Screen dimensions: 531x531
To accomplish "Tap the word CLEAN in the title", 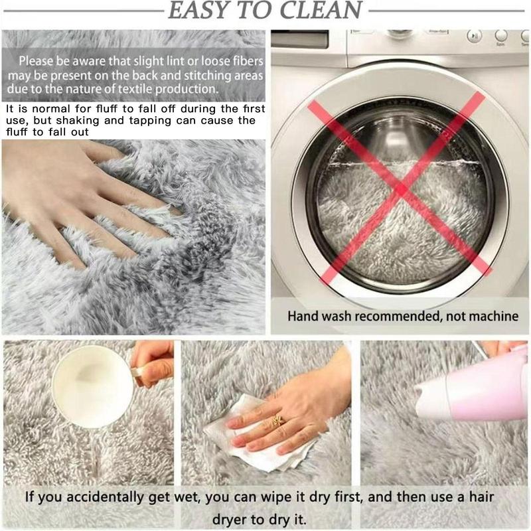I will coord(323,10).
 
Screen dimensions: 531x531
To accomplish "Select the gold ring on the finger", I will coord(278,419).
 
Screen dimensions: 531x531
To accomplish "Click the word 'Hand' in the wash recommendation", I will coord(303,316).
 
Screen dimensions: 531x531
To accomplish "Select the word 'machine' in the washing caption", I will coord(492,316).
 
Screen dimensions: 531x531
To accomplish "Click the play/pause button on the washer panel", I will coord(473,37).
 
